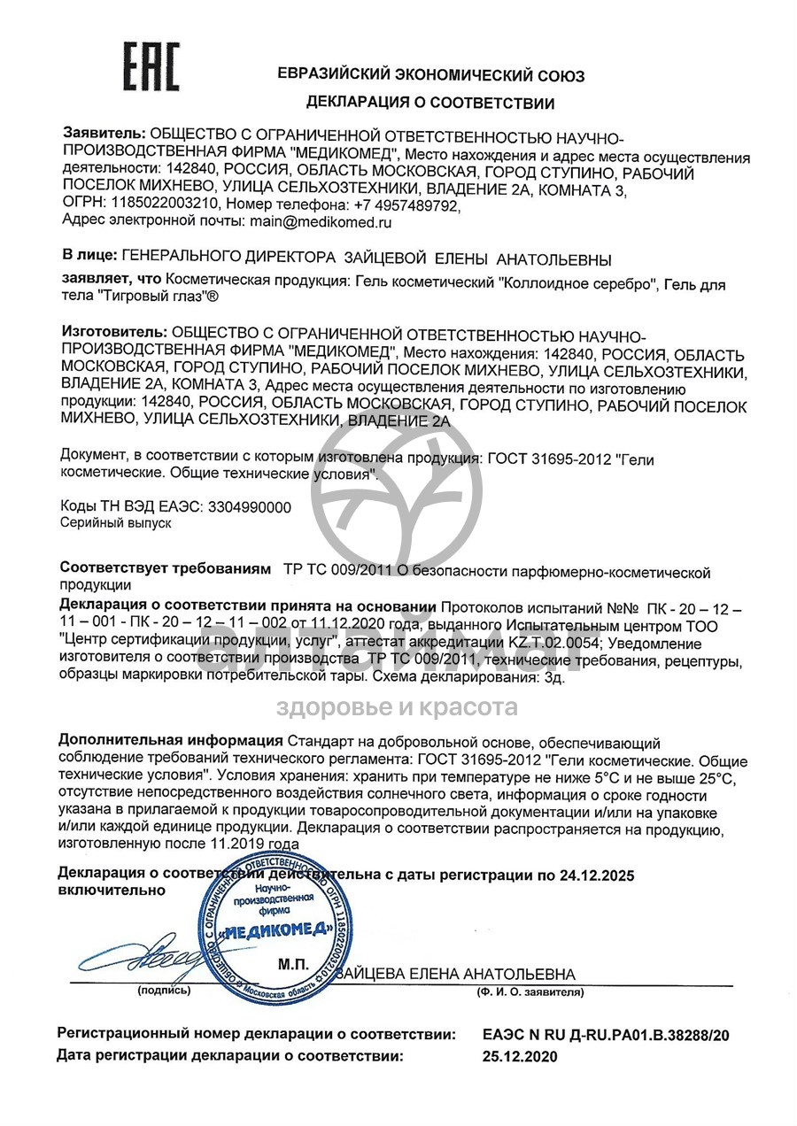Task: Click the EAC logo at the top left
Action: [x=151, y=67]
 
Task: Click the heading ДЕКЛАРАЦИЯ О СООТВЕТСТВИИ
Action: [x=430, y=104]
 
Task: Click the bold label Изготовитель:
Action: [x=112, y=333]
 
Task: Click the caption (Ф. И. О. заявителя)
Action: [x=529, y=992]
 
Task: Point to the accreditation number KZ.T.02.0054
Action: [x=559, y=643]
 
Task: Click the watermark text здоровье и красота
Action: [x=397, y=707]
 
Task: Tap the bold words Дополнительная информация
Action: [x=171, y=742]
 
